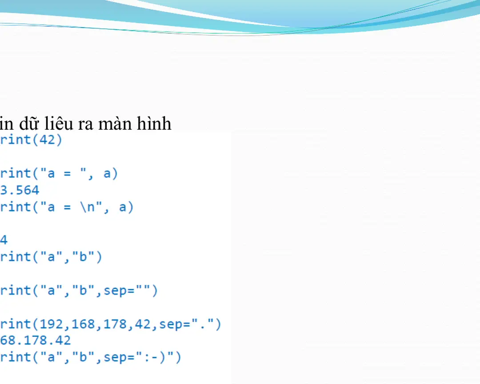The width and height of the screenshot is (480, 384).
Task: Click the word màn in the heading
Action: coord(113,124)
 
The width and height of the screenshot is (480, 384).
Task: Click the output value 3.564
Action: coord(20,190)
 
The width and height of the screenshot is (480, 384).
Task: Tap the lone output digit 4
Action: coord(4,240)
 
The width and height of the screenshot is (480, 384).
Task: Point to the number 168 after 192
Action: coord(83,324)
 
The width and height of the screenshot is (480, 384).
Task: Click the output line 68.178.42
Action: coord(36,341)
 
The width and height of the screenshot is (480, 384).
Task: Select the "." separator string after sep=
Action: coord(202,324)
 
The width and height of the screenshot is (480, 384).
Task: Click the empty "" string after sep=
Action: coord(145,291)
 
